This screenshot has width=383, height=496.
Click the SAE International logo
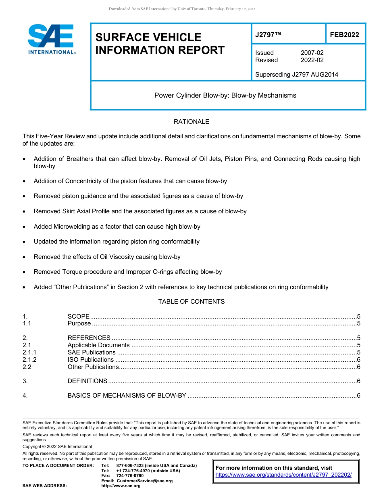coord(52,39)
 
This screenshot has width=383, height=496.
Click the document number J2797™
coord(268,35)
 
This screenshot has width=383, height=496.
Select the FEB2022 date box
coord(344,35)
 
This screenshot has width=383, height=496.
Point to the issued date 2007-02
coord(312,53)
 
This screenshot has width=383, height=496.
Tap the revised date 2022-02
coord(312,60)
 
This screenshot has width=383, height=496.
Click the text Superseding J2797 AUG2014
coord(296,74)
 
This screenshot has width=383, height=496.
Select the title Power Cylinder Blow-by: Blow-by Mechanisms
coord(225,96)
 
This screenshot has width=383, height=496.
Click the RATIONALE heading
coord(191,122)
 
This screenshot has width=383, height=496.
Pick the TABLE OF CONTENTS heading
coord(191,302)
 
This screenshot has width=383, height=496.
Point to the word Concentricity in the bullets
coord(83,181)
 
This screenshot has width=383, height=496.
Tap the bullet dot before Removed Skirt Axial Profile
coord(25,212)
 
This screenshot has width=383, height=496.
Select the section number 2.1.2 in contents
coord(29,360)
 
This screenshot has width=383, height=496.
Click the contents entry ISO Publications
coord(91,360)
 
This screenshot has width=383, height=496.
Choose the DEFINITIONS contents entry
coord(87,381)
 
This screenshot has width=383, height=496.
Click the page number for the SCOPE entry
coord(358,317)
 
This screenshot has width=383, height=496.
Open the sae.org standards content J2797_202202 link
coord(283,475)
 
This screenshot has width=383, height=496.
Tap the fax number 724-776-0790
coord(130,476)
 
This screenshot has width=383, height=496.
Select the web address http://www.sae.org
coord(121,486)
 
